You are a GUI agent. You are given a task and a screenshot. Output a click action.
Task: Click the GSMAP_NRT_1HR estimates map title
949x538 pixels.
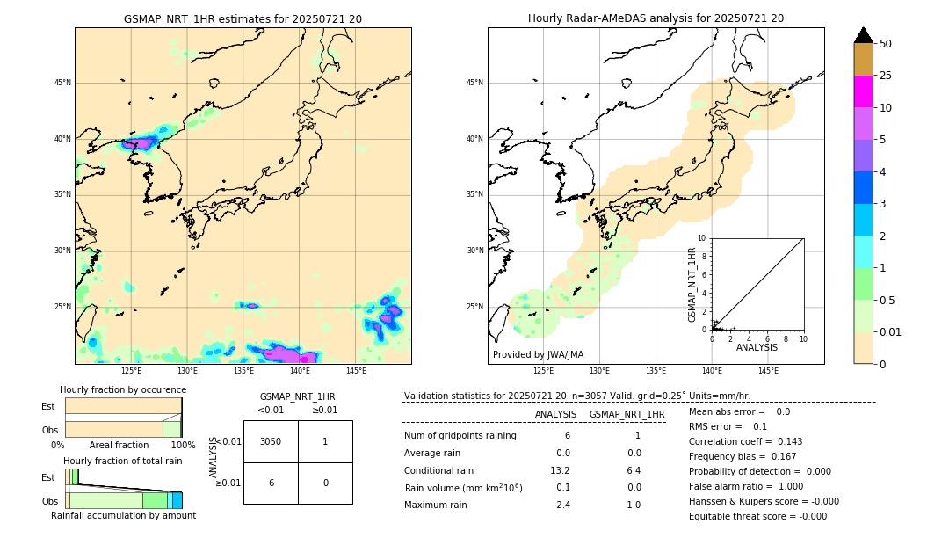click(x=243, y=18)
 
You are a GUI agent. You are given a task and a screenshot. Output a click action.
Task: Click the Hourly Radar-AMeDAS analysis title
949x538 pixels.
click(x=656, y=18)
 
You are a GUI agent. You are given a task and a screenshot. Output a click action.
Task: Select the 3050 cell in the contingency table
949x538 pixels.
click(x=271, y=441)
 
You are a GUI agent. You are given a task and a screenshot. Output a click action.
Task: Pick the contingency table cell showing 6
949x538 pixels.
click(x=271, y=483)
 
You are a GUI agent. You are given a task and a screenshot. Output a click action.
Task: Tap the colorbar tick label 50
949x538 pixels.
click(x=886, y=43)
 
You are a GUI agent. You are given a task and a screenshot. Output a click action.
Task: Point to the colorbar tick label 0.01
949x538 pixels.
click(x=891, y=331)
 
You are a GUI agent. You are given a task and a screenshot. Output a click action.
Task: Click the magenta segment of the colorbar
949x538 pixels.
click(x=863, y=91)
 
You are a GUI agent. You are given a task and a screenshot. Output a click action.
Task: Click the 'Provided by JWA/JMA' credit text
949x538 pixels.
click(x=538, y=354)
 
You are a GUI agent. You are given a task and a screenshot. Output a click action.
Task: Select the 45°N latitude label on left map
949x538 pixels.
click(x=62, y=83)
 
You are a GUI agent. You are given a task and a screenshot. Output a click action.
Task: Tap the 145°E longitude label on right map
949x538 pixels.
click(x=768, y=371)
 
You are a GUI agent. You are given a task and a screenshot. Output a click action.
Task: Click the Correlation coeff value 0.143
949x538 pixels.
click(x=786, y=441)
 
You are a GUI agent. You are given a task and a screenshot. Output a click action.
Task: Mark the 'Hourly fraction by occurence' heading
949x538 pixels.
click(x=123, y=389)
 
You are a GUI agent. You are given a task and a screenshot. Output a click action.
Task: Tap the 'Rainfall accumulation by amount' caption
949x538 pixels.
click(x=123, y=515)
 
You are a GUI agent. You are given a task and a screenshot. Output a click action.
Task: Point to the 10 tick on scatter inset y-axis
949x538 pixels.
click(x=702, y=238)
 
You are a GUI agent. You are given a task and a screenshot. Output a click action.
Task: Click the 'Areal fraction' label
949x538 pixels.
click(x=119, y=446)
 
